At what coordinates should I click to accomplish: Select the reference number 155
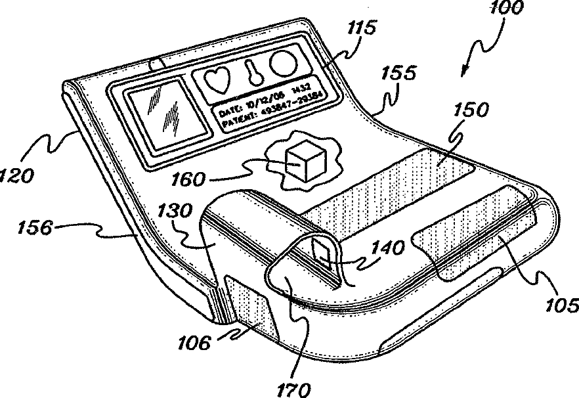[x=398, y=74]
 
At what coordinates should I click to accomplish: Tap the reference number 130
[x=174, y=211]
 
